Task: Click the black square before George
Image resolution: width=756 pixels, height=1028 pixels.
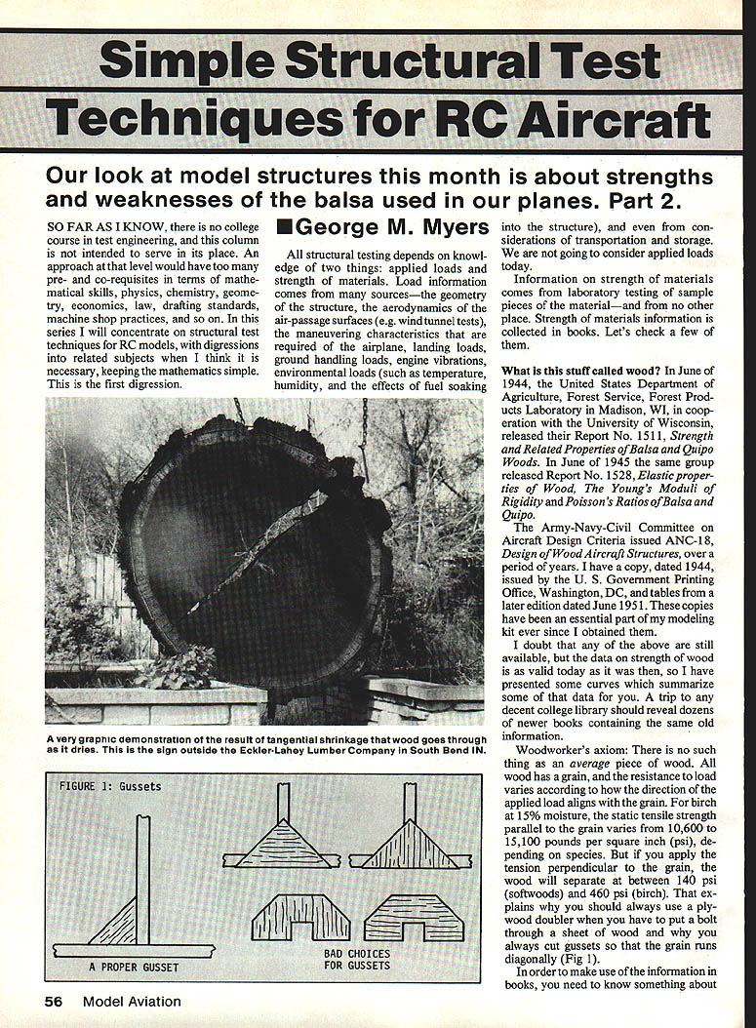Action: tap(284, 227)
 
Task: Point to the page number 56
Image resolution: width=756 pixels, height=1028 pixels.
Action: tap(58, 1001)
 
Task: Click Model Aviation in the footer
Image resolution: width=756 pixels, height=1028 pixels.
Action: tap(132, 1001)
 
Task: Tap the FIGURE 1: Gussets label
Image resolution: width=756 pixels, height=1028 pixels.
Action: tap(110, 786)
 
